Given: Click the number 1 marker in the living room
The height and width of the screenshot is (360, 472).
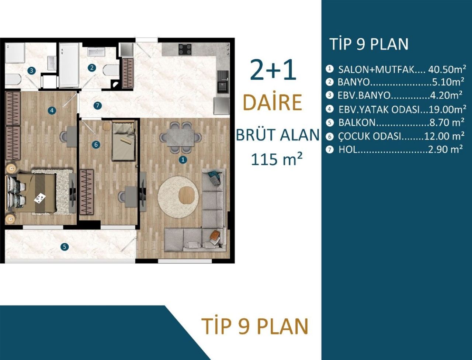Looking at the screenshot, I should [182, 160].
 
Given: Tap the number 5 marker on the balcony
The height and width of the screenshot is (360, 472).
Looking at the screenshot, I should [65, 246].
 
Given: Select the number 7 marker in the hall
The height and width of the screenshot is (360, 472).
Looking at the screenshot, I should [97, 105].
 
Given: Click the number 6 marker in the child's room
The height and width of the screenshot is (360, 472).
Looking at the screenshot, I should [96, 145].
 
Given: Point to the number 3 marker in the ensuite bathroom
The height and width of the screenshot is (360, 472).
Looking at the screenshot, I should [32, 70].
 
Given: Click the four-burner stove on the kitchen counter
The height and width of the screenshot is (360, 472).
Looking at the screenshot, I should [185, 49].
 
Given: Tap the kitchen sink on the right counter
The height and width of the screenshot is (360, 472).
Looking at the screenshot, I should [222, 81].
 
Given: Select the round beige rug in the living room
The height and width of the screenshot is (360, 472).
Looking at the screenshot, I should [181, 197].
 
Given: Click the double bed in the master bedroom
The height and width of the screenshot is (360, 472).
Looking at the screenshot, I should [35, 192].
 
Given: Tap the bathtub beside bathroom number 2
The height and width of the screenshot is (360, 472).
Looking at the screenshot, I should [69, 65].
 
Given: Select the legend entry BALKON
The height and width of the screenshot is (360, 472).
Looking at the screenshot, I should [357, 122].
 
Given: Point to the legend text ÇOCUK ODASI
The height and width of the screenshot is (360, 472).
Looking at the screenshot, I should [369, 136].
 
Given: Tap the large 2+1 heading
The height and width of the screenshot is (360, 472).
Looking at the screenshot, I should [273, 70].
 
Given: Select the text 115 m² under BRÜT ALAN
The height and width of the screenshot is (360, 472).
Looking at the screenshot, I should [277, 159].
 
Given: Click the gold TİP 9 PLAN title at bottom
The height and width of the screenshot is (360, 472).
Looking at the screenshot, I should [255, 326].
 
